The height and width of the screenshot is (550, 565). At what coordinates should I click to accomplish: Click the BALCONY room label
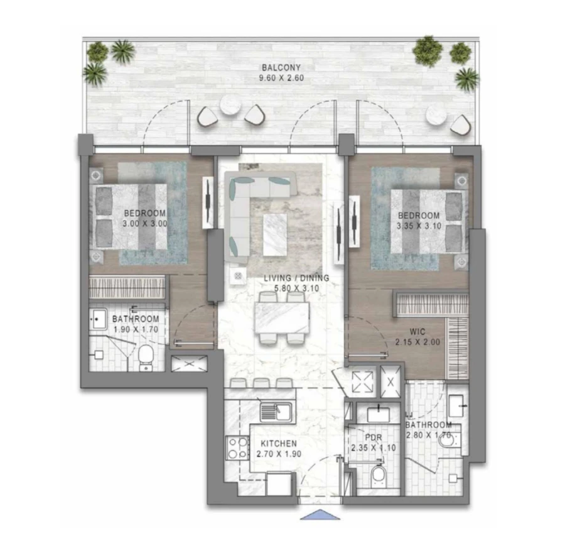tap(282, 67)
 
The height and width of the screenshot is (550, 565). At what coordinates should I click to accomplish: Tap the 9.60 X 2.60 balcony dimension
tap(282, 79)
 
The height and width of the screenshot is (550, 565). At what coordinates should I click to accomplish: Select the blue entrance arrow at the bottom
tap(320, 515)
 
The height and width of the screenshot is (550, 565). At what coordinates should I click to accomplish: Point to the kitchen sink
tap(277, 412)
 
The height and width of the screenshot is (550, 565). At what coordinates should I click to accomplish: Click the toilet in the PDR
tap(379, 477)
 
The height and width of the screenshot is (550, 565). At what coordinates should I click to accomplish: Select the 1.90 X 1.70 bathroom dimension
tap(136, 329)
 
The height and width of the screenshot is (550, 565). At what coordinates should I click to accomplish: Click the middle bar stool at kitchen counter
tap(261, 383)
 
